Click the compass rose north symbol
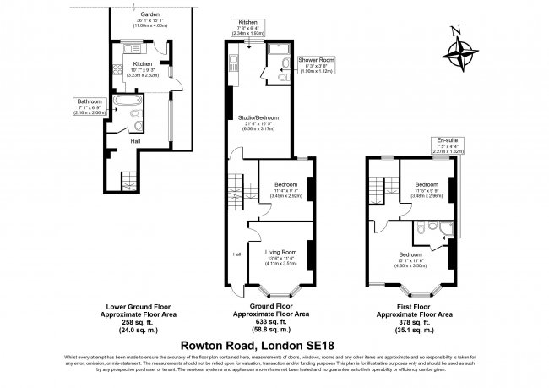(459, 52)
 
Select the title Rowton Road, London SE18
(274, 344)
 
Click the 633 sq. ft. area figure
(272, 322)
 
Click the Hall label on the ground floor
(236, 254)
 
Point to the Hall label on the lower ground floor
(135, 141)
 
